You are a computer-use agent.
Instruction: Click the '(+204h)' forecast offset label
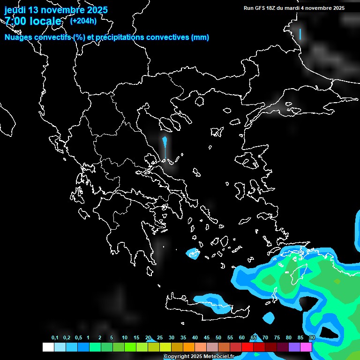83,21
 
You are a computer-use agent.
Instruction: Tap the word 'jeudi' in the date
16,10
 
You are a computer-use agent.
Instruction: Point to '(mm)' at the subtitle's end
200,37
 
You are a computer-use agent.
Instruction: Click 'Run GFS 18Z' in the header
259,8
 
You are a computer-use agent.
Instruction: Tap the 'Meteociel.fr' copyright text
219,357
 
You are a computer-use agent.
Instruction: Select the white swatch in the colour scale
48,347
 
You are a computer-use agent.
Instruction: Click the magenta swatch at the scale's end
306,347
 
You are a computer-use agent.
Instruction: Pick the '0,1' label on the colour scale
55,338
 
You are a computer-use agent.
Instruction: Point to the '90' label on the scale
312,338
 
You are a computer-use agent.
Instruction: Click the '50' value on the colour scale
218,338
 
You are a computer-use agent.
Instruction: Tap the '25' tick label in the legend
160,338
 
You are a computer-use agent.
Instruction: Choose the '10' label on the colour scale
125,338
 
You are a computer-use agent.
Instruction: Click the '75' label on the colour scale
277,338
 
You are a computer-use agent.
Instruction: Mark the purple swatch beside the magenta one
294,347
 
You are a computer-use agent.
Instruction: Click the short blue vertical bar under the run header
300,34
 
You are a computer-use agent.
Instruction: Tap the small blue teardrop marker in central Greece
165,142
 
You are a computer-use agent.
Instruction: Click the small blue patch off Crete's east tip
269,317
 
